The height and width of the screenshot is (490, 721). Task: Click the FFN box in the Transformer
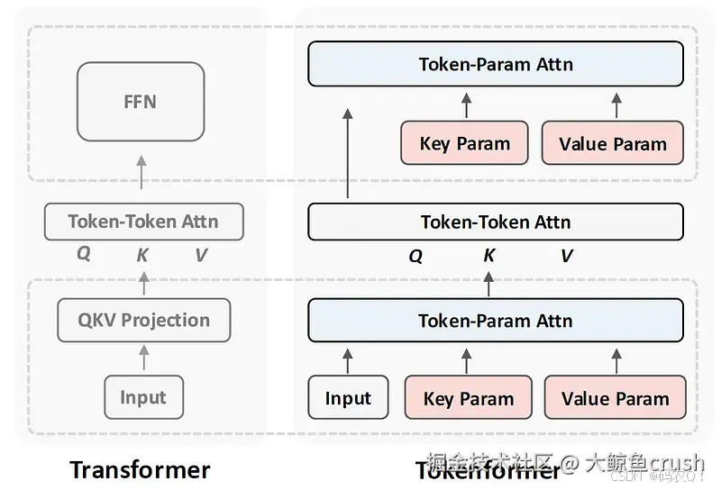pos(140,101)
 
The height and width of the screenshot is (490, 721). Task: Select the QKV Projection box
pos(144,320)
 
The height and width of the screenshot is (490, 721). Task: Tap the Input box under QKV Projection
pos(143,397)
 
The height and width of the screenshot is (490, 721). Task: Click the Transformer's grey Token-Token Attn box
pos(143,221)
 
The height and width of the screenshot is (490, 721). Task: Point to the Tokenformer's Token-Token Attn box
pos(495,222)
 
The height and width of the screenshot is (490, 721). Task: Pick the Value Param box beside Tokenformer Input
pos(615,398)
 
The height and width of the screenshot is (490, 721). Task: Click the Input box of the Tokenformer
pos(348,398)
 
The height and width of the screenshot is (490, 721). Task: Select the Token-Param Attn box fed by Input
pos(495,321)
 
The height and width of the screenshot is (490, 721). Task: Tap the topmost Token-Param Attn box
pos(495,65)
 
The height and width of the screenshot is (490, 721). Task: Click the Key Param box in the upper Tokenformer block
pos(464,144)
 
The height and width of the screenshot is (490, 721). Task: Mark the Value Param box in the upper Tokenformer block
pos(612,144)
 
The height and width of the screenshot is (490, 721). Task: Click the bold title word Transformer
pos(140,469)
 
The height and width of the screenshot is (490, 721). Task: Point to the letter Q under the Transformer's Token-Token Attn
pos(83,254)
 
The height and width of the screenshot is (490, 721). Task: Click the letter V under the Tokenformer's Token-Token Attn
pos(566,256)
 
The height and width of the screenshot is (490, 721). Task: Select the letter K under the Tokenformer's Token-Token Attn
pos(488,256)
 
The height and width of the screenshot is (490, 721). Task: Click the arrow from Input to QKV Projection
pos(143,358)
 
